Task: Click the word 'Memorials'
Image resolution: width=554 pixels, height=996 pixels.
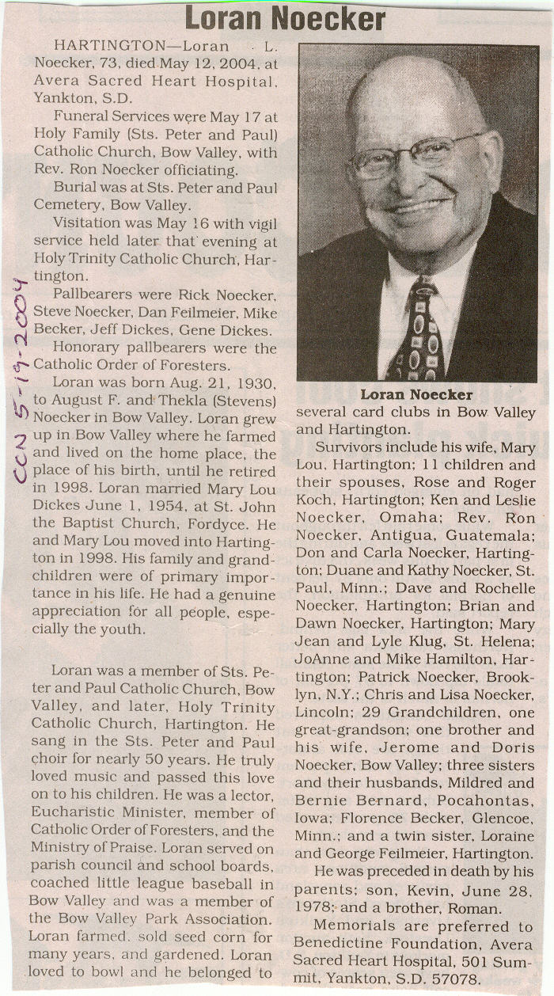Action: point(350,926)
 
